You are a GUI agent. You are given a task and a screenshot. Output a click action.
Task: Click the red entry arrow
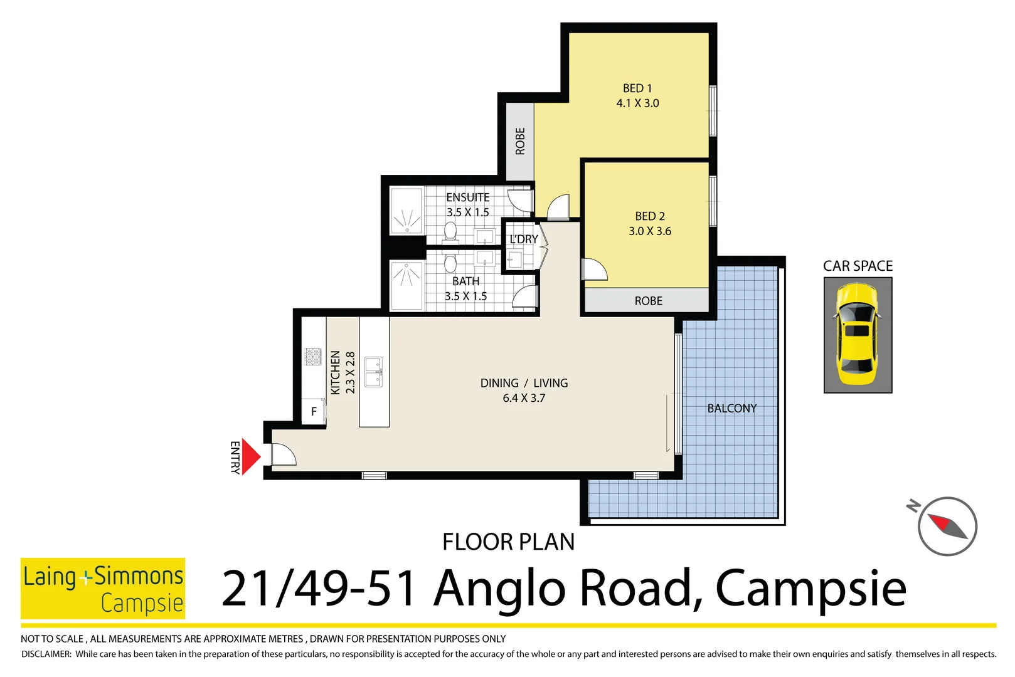click(250, 457)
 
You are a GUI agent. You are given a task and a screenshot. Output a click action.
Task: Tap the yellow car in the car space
click(857, 335)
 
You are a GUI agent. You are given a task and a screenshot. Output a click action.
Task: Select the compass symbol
click(947, 526)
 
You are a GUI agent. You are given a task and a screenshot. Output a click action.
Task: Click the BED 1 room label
click(637, 88)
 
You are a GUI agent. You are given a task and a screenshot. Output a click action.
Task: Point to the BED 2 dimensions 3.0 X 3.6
click(650, 231)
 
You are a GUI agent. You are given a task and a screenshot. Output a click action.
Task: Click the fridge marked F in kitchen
click(314, 412)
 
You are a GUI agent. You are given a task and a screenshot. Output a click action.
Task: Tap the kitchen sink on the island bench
click(374, 372)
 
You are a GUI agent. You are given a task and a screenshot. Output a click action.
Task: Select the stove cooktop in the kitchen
click(313, 357)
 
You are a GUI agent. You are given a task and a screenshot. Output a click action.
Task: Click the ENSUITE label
click(468, 197)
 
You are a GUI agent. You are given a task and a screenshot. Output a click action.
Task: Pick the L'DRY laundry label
click(523, 239)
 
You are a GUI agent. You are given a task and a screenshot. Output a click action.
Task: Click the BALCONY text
click(732, 409)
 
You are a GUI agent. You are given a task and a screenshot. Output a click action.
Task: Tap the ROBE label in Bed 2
click(648, 301)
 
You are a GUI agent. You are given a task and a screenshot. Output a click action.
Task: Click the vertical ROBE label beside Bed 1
click(520, 141)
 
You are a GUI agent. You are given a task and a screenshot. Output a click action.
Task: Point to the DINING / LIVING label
click(524, 383)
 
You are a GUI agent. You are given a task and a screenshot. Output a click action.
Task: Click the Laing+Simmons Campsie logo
click(103, 588)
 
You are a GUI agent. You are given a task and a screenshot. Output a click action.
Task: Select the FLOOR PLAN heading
click(508, 542)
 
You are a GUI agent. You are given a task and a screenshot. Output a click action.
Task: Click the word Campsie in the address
click(810, 589)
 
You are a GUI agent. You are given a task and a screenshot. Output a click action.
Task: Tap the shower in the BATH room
click(407, 285)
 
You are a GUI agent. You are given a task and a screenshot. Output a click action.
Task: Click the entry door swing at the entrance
click(282, 454)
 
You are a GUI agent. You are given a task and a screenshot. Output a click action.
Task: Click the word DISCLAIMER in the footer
click(46, 654)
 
